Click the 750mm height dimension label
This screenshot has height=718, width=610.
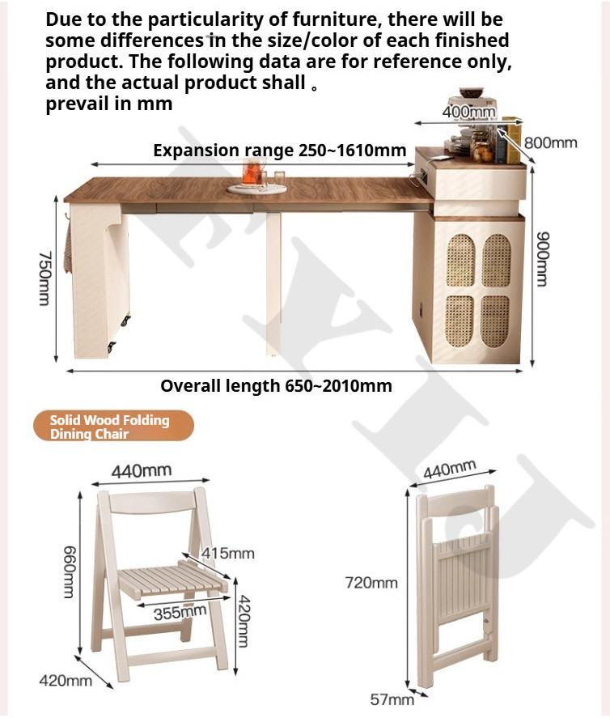(44, 278)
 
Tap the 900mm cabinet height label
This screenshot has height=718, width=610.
(542, 259)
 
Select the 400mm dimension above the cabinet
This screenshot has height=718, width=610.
(468, 111)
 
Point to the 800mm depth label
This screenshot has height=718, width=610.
(550, 142)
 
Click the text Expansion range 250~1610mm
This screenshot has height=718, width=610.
(280, 151)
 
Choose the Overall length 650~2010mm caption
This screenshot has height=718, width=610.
(276, 385)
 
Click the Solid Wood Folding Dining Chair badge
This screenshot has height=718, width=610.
(113, 426)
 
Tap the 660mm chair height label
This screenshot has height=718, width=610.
(69, 572)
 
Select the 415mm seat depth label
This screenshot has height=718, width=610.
(228, 553)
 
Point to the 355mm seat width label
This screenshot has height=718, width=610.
(180, 612)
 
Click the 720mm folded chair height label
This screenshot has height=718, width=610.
(371, 583)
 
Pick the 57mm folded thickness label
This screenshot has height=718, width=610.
(392, 699)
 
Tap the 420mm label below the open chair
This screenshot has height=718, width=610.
(66, 681)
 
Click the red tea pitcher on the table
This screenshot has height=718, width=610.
(252, 172)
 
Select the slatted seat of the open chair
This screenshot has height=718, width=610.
(173, 580)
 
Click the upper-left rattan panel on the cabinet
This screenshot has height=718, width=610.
(460, 261)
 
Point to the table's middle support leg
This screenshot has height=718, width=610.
(273, 284)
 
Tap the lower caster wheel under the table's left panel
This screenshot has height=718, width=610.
(111, 348)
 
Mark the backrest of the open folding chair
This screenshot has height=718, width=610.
(152, 503)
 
